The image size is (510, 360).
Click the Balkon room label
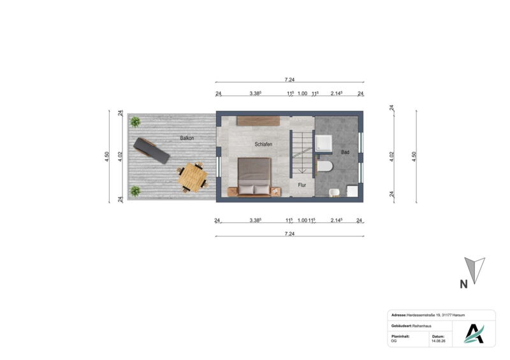pos(187,138)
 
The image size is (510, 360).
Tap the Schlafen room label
pos(263,144)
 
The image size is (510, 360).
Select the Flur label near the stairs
pos(302,185)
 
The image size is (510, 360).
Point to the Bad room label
pos(345,152)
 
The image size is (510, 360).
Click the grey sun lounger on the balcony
pos(152,150)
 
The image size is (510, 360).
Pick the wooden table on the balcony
pos(193,178)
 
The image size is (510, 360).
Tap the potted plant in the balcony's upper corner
pos(135,122)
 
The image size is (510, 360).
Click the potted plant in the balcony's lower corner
pos(135,191)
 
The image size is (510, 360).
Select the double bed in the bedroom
pos(254,177)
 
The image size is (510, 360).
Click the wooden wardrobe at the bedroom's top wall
pos(258,120)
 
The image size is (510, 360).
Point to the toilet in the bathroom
pos(324,166)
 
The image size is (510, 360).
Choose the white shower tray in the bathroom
pos(324,143)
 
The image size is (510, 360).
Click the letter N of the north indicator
pos(463,284)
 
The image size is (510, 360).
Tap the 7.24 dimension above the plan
pos(289,80)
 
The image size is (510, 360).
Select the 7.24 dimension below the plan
pos(289,233)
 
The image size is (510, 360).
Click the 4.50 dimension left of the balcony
pos(107,157)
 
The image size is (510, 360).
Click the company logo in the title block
pos(474,334)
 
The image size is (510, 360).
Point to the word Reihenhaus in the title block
pos(422,326)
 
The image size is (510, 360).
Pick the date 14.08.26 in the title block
pos(439,341)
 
